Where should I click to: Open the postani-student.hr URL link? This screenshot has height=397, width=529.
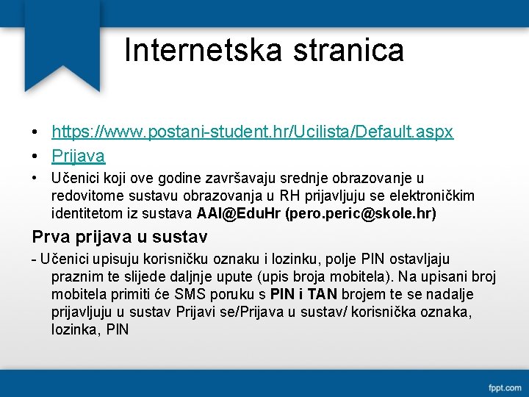252,132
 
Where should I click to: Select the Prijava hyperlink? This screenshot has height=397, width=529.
78,156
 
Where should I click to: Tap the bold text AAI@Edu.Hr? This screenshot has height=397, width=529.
239,214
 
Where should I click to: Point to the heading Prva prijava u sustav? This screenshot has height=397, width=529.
120,237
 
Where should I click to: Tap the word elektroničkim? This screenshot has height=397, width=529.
434,196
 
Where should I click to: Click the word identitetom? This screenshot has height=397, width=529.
85,214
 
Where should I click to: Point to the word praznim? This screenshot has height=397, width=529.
73,277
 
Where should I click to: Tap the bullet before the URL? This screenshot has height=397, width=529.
36,133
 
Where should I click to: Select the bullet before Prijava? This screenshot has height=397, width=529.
36,157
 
